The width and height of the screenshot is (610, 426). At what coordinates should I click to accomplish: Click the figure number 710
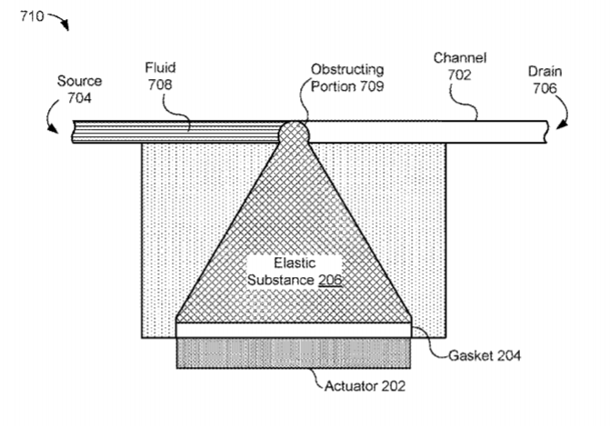32,16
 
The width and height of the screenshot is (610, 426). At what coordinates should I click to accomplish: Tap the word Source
79,81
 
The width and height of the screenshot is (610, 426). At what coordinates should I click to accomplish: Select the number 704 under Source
79,97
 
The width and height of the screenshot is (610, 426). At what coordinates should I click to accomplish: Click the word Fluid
160,67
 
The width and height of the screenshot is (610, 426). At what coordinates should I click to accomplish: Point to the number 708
159,84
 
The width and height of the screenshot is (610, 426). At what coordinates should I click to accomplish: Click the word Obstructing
347,70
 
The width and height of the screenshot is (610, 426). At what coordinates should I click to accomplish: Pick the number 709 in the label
372,86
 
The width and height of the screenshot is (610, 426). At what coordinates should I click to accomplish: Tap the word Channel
460,58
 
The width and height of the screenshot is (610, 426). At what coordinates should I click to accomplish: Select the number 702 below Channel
459,74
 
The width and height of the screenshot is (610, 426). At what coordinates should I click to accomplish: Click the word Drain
545,72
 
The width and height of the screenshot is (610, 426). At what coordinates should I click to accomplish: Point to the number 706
545,89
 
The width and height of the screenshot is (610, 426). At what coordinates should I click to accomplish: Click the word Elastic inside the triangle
295,263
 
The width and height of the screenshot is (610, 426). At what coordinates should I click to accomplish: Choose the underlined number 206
330,280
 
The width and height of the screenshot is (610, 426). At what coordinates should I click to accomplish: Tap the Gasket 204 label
485,356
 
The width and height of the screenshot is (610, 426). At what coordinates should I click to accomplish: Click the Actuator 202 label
365,386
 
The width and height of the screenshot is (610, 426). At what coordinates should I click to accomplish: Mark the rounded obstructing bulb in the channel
295,133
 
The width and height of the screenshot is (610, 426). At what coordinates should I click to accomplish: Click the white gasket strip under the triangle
294,330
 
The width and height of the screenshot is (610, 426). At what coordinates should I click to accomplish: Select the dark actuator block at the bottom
294,353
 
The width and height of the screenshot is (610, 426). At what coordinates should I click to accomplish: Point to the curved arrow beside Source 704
50,116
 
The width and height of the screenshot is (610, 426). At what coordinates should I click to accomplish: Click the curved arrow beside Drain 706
563,111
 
